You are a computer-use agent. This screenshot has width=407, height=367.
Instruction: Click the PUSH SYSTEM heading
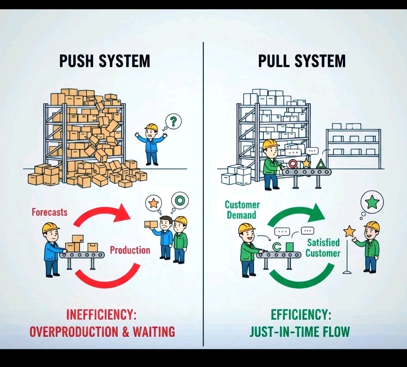pos(104,61)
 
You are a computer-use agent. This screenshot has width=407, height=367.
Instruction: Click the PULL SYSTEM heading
pos(302,61)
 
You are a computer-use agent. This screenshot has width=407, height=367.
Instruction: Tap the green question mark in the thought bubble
pos(173,121)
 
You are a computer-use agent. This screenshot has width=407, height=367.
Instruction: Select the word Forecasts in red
pos(49,212)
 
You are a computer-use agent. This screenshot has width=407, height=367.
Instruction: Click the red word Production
pos(130,250)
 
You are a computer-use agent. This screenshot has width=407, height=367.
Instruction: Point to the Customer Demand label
pos(242,210)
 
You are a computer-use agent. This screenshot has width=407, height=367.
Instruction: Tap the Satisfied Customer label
pos(323,247)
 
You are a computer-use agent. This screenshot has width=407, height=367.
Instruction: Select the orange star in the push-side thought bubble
pos(154,203)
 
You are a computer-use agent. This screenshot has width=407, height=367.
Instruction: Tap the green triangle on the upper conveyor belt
pos(321,163)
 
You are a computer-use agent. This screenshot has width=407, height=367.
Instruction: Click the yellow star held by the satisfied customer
pos(349,231)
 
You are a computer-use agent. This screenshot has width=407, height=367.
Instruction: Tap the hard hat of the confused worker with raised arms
pos(151,127)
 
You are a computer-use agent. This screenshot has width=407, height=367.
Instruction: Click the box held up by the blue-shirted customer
pos(150,224)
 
